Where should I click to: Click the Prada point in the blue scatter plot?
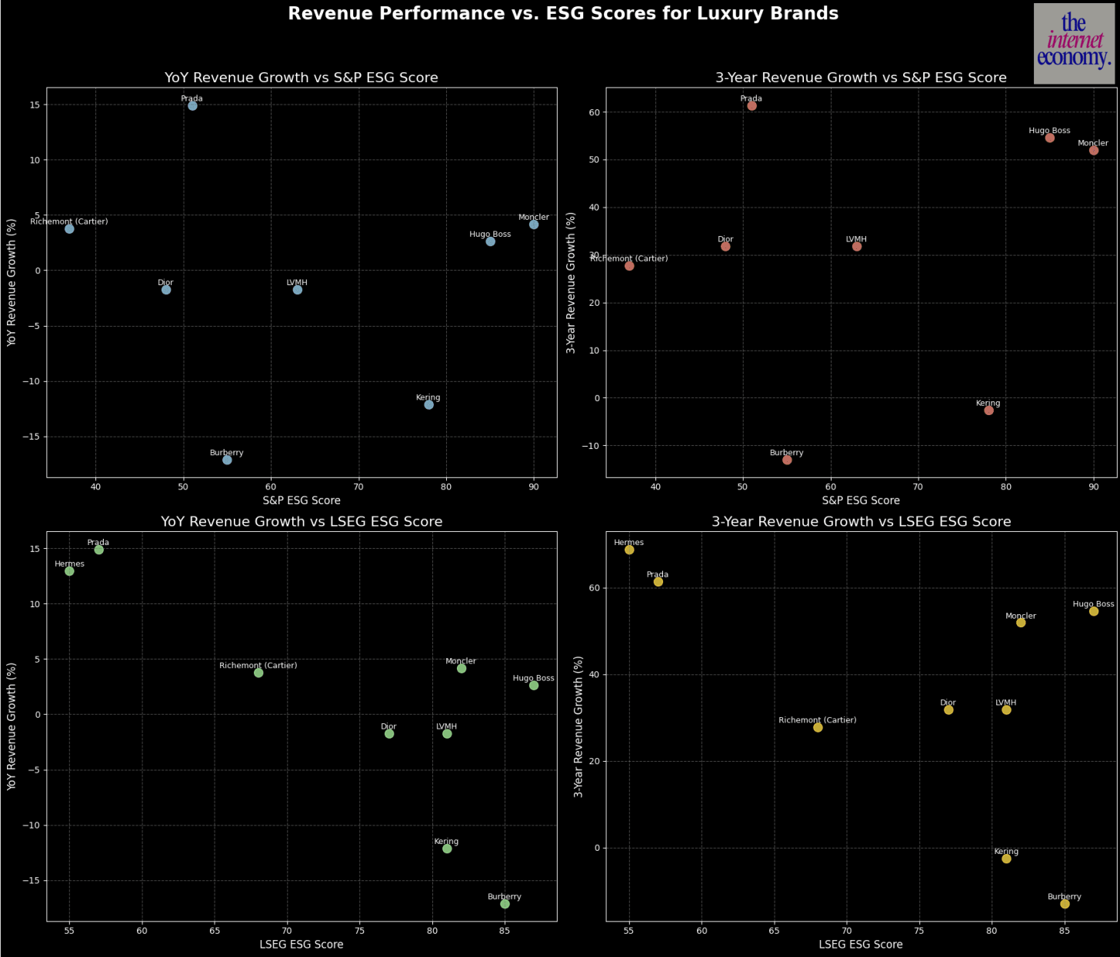pos(192,106)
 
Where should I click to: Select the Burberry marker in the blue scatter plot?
pos(227,460)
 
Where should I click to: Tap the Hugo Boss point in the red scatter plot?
pos(1049,138)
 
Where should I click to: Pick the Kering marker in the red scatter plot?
pos(988,410)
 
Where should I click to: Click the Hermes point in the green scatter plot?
pos(69,571)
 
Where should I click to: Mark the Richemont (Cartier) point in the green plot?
pos(258,673)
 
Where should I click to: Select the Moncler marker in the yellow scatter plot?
pos(1021,623)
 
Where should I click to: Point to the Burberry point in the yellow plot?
pos(1065,904)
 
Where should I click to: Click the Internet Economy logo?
pos(1073,43)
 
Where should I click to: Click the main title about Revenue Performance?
pos(563,14)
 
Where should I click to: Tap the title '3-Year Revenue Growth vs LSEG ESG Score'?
pos(861,522)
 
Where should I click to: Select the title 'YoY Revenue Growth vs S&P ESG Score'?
pos(302,78)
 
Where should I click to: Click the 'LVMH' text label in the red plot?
pos(856,239)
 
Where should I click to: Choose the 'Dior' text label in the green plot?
pos(388,726)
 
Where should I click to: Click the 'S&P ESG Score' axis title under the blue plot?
pos(302,500)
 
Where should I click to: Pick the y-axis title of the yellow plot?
pos(579,726)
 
